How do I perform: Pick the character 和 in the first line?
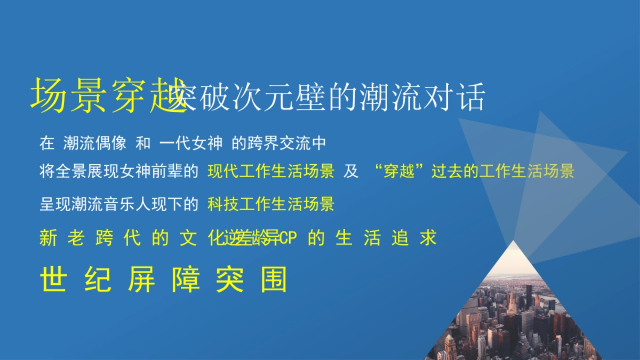click(143, 143)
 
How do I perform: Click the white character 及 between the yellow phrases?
click(350, 172)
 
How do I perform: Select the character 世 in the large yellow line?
click(53, 279)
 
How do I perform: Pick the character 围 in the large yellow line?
click(274, 279)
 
